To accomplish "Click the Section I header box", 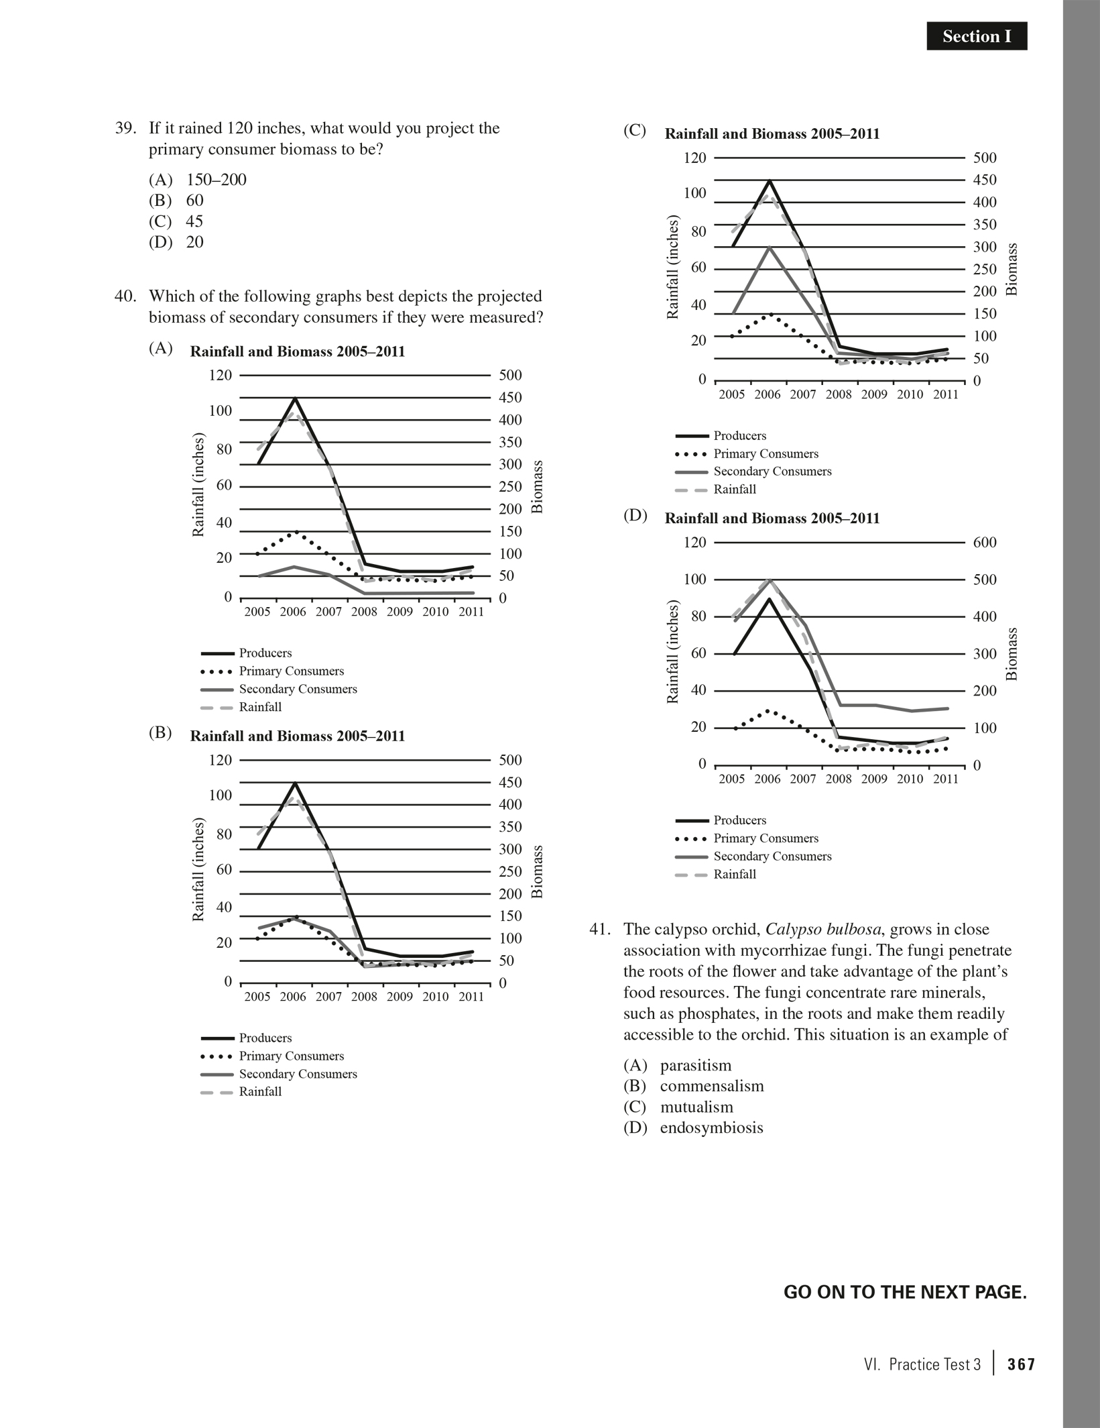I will tap(976, 36).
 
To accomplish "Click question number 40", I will tap(125, 296).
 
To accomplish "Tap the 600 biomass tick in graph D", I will tap(985, 542).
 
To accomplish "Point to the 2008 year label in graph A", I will tap(364, 612).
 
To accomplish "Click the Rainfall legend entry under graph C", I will tap(735, 489).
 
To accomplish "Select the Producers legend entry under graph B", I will tap(265, 1038).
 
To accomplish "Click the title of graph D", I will tap(772, 518).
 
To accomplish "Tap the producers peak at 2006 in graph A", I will tap(295, 398).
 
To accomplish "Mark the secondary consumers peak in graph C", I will tap(770, 248).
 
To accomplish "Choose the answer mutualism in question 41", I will tap(696, 1107).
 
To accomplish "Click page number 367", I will tap(1021, 1364).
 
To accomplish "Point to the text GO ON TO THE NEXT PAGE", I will tap(905, 1293).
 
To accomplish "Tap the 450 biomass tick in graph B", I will tap(511, 782).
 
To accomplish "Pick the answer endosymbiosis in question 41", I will tap(711, 1128).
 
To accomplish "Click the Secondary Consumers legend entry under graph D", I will tap(772, 856).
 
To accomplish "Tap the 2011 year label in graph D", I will tap(946, 779).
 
